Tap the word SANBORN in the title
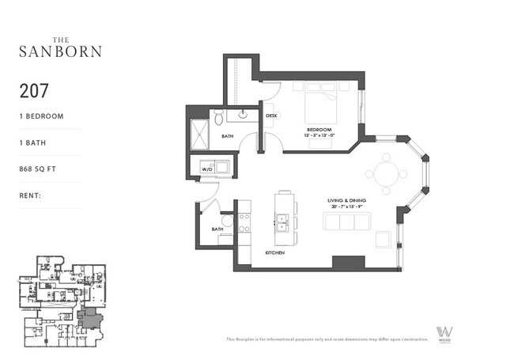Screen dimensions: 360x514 point(60,52)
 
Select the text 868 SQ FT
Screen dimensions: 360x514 point(40,169)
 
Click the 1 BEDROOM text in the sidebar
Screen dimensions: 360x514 point(41,116)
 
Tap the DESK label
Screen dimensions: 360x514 point(271,116)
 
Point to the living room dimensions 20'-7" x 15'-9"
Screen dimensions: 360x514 point(349,207)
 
